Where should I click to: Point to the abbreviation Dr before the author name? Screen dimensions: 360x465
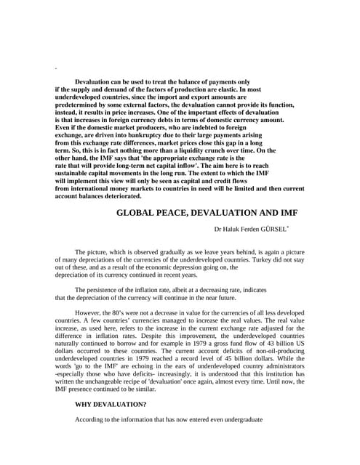217,229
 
